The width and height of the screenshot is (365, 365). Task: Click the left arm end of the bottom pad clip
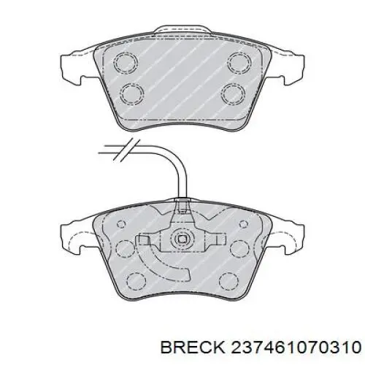coord(144,239)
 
